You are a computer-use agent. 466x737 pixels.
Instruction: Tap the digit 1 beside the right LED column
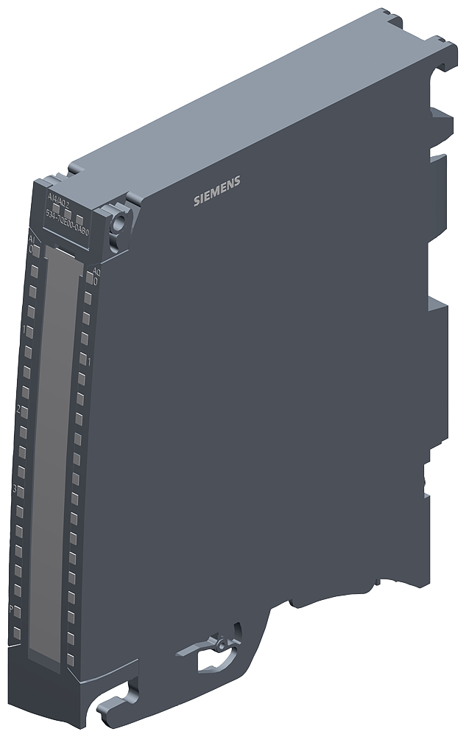(88, 362)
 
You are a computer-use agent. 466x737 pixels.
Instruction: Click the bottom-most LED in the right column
(71, 632)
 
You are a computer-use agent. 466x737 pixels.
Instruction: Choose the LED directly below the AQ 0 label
(88, 298)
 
